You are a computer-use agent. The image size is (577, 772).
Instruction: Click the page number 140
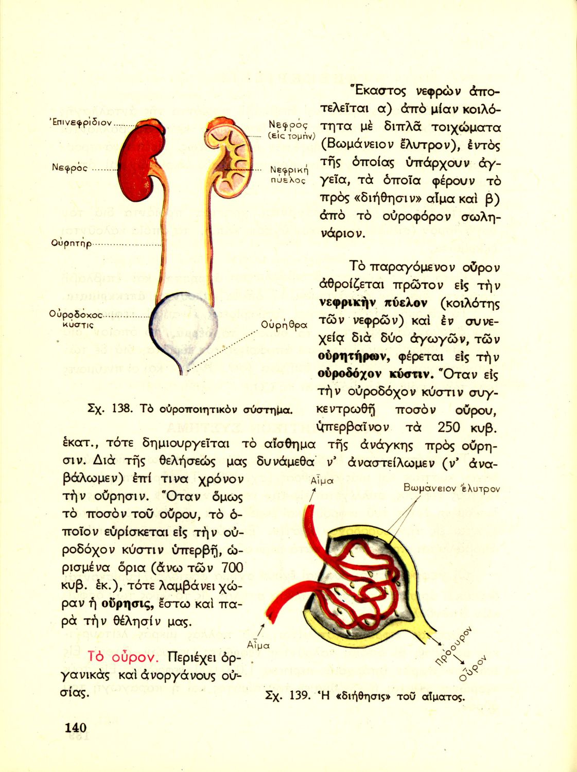[76, 728]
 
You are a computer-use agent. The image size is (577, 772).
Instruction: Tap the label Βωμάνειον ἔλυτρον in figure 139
[452, 488]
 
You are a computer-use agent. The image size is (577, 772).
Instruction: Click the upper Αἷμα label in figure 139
[323, 481]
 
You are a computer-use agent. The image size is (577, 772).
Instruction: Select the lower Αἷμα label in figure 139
[258, 644]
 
